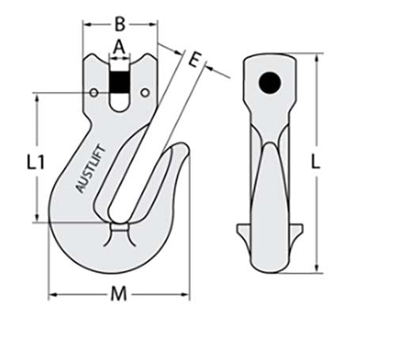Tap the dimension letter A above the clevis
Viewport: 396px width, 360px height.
click(120, 47)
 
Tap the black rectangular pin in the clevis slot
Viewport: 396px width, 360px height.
click(120, 81)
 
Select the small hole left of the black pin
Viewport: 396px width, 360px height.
click(95, 94)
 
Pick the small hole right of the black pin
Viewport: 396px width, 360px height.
click(144, 94)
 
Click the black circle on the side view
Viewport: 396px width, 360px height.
click(271, 82)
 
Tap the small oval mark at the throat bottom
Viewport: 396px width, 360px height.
click(120, 229)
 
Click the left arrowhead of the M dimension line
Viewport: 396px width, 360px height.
click(52, 297)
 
